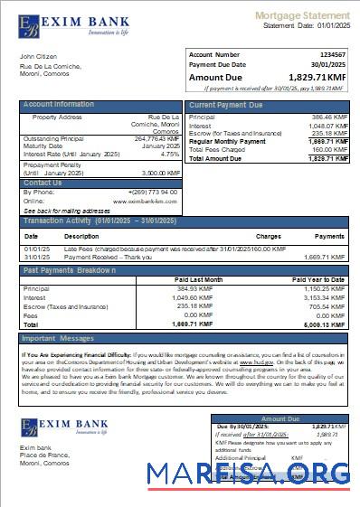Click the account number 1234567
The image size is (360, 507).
point(331,55)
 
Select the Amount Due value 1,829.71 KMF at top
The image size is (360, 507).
point(317,78)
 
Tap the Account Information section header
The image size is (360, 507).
point(59,105)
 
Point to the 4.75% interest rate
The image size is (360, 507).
point(169,154)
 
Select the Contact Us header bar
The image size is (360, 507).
point(43,183)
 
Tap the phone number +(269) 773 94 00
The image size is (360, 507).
point(152,192)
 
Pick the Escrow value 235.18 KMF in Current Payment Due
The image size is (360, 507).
point(328,133)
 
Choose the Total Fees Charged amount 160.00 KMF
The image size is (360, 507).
point(328,150)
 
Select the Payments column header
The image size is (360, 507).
point(330,236)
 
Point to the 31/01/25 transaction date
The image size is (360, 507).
point(37,256)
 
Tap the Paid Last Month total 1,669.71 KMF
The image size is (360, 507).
point(193,323)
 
